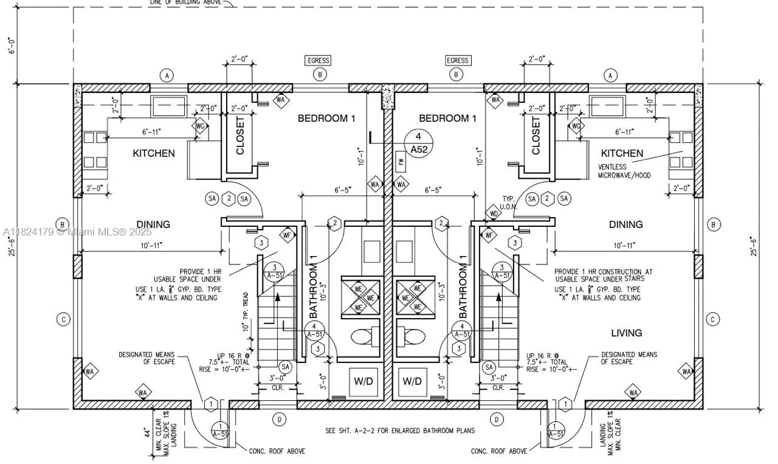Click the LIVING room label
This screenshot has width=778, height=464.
click(626, 333)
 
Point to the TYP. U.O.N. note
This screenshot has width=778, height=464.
click(509, 203)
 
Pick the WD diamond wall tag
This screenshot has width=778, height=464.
click(493, 214)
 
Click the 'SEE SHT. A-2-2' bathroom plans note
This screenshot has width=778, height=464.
click(400, 431)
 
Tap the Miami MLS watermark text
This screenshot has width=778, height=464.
click(77, 232)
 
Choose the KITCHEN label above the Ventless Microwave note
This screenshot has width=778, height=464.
click(622, 153)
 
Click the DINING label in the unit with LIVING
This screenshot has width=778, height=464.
click(625, 225)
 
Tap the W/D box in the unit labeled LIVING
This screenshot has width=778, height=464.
click(411, 381)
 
